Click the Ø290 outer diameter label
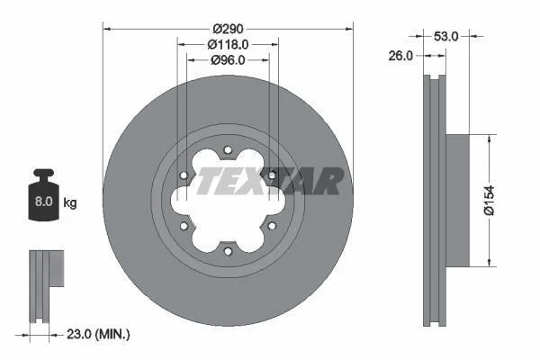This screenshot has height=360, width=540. (x=228, y=29)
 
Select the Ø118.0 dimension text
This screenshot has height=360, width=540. (x=228, y=44)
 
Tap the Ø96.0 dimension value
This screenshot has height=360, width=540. (x=228, y=60)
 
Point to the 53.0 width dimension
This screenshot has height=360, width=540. (x=446, y=36)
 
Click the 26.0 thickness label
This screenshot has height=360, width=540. (x=400, y=56)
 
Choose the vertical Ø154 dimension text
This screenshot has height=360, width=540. (x=489, y=200)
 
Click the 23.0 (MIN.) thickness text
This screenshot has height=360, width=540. (x=98, y=334)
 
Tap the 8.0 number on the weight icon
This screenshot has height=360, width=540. (x=44, y=202)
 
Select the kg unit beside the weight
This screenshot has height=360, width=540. (x=70, y=202)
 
